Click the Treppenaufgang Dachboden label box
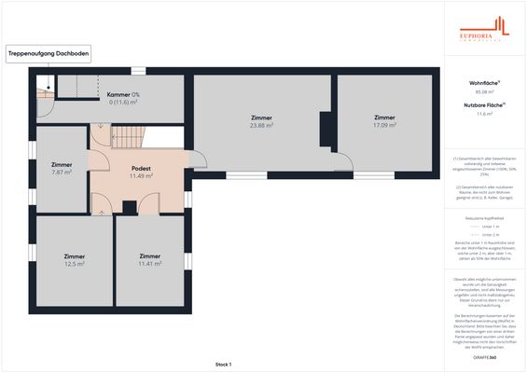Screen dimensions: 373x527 pos(49,55)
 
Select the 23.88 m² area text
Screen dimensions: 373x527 pos(262,124)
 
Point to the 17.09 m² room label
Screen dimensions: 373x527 pos(385,124)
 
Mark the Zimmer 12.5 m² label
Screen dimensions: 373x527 pos(75,260)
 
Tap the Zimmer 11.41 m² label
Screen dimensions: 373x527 pos(149,260)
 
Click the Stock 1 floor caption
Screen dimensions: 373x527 pos(223,364)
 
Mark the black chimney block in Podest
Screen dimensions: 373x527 pos(130,206)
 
